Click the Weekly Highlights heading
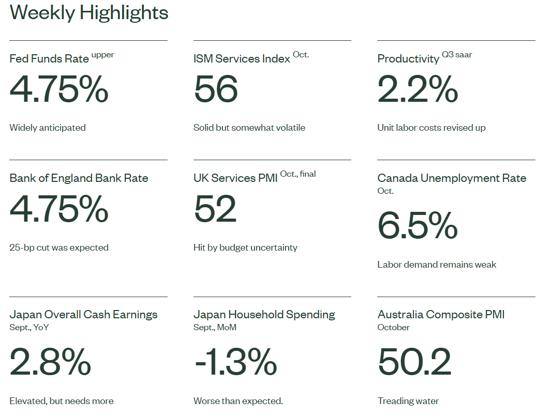tap(89, 12)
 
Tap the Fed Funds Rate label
tap(49, 59)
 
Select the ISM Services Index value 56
tap(216, 89)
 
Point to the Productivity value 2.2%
tap(418, 89)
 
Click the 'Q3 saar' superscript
tap(457, 55)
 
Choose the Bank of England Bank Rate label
tap(79, 178)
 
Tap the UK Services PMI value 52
tap(215, 209)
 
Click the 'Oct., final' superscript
tap(298, 174)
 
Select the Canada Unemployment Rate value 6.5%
tap(418, 226)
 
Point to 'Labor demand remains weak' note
tap(437, 265)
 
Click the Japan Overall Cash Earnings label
tap(83, 315)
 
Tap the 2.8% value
tap(50, 362)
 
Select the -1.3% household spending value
tap(235, 362)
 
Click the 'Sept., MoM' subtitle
tap(215, 327)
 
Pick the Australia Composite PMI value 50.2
tap(414, 362)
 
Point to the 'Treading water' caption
tap(408, 401)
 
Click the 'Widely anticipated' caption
tap(48, 128)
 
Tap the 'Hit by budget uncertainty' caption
tap(245, 248)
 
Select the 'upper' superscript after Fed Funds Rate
tap(103, 55)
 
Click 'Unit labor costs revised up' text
tap(431, 128)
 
